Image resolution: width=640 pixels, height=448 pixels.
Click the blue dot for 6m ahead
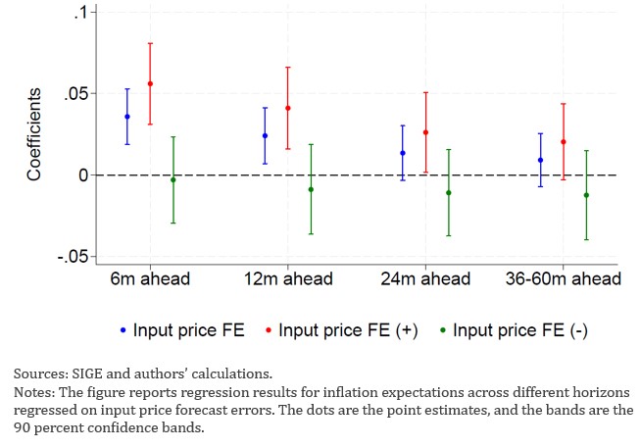click(x=126, y=117)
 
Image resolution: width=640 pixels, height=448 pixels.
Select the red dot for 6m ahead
click(x=150, y=84)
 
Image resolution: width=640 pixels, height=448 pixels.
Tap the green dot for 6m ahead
click(x=173, y=179)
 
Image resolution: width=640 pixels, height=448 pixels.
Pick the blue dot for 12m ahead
click(x=265, y=135)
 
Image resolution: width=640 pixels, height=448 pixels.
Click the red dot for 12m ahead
click(x=287, y=108)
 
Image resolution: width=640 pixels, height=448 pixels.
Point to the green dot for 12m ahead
click(x=311, y=189)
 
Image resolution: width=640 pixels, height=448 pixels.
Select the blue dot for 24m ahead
click(x=402, y=153)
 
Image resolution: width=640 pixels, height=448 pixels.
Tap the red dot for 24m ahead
click(x=425, y=132)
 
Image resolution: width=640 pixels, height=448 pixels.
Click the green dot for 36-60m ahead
click(x=586, y=195)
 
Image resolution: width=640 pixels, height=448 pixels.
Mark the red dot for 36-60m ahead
click(x=563, y=142)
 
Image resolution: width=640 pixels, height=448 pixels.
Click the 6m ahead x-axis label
click(x=150, y=279)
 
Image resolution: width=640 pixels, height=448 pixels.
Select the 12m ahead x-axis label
click(x=287, y=279)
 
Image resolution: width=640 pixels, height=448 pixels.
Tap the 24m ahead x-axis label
click(x=425, y=279)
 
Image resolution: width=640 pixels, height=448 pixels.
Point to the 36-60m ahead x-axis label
click(x=563, y=279)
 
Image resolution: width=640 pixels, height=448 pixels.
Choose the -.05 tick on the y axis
click(x=73, y=257)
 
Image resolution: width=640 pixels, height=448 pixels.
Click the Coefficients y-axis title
click(x=34, y=134)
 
